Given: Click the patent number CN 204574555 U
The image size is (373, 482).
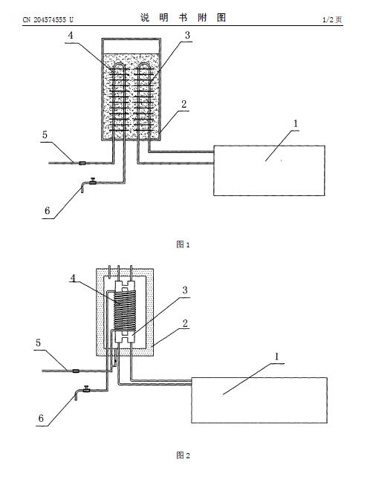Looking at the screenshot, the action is [x=48, y=19].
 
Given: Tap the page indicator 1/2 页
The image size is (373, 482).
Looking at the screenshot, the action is [x=332, y=19].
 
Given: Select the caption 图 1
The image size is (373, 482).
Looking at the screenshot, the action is [x=183, y=244].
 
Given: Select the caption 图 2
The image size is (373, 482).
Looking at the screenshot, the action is [x=183, y=455].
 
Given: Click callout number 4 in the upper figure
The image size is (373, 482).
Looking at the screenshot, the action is [x=71, y=36].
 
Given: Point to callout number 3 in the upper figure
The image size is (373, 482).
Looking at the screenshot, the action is [x=187, y=36].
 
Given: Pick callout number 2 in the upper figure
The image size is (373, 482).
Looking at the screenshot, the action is [x=184, y=104].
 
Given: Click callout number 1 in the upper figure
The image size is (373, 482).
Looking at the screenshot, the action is [x=296, y=123].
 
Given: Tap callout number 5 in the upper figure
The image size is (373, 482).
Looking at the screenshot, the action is [x=45, y=134].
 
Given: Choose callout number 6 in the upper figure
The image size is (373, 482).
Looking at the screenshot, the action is [x=47, y=211].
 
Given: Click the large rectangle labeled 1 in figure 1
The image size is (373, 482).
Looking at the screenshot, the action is [x=270, y=171].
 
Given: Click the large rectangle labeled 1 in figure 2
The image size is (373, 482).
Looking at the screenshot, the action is [x=259, y=400].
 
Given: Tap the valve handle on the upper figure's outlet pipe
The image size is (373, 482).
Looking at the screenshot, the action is [x=92, y=180].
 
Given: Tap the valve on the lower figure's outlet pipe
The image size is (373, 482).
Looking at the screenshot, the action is [x=86, y=389].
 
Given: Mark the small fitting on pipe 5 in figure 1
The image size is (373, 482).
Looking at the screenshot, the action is [x=82, y=163].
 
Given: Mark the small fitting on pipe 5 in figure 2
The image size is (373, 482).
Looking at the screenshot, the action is [x=75, y=371].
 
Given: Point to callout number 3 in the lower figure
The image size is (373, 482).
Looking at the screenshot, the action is [x=185, y=290].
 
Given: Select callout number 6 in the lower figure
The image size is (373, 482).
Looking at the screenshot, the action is [x=41, y=418].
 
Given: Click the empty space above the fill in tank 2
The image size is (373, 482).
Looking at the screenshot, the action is [x=132, y=47].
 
